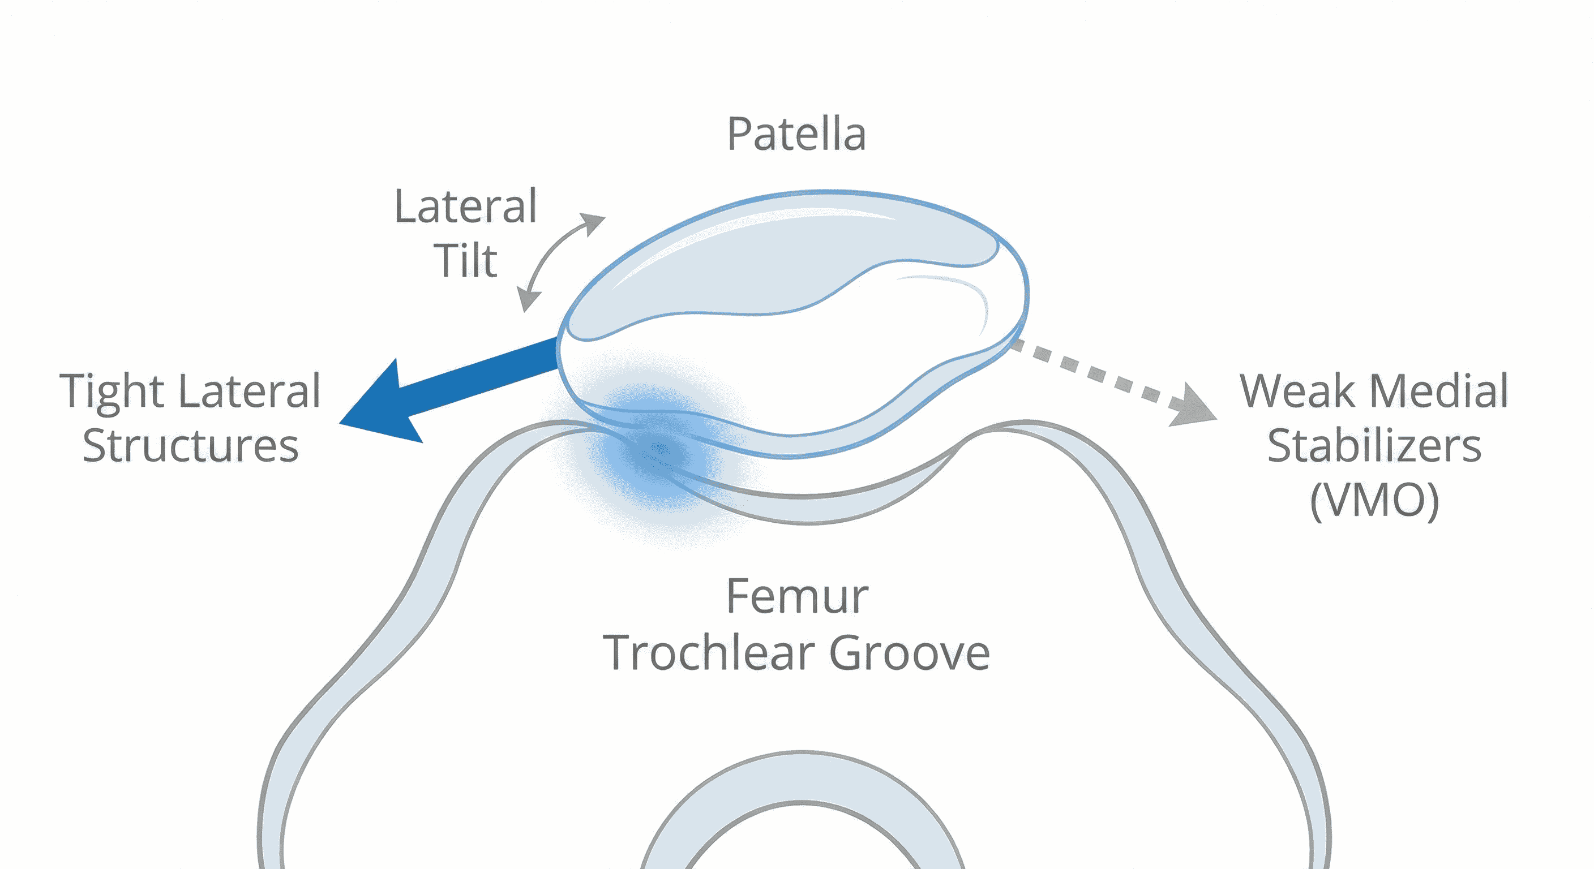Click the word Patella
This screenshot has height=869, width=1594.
796,134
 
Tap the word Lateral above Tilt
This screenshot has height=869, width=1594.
465,207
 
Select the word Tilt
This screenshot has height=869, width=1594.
465,261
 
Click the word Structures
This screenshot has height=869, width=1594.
191,445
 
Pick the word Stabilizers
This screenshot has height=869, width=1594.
1374,445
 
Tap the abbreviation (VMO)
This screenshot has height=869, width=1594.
1374,500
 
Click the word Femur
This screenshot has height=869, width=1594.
797,597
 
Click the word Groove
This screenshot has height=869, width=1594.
910,652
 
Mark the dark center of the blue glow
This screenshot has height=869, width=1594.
659,450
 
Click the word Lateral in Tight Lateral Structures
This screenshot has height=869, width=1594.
250,392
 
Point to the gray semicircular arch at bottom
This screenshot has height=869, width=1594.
802,777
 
